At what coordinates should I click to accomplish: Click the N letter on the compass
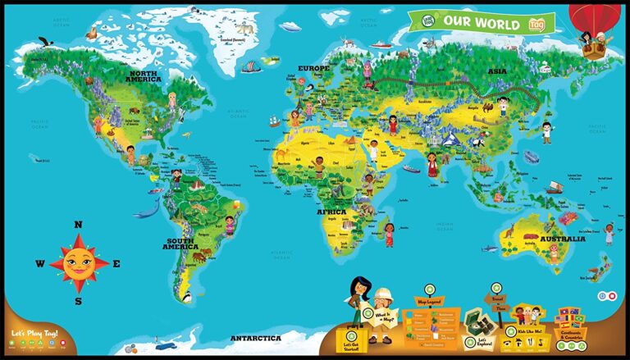79,225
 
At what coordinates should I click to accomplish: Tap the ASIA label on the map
497,71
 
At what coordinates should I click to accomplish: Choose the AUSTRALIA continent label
562,239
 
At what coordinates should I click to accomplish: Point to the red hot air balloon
596,18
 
